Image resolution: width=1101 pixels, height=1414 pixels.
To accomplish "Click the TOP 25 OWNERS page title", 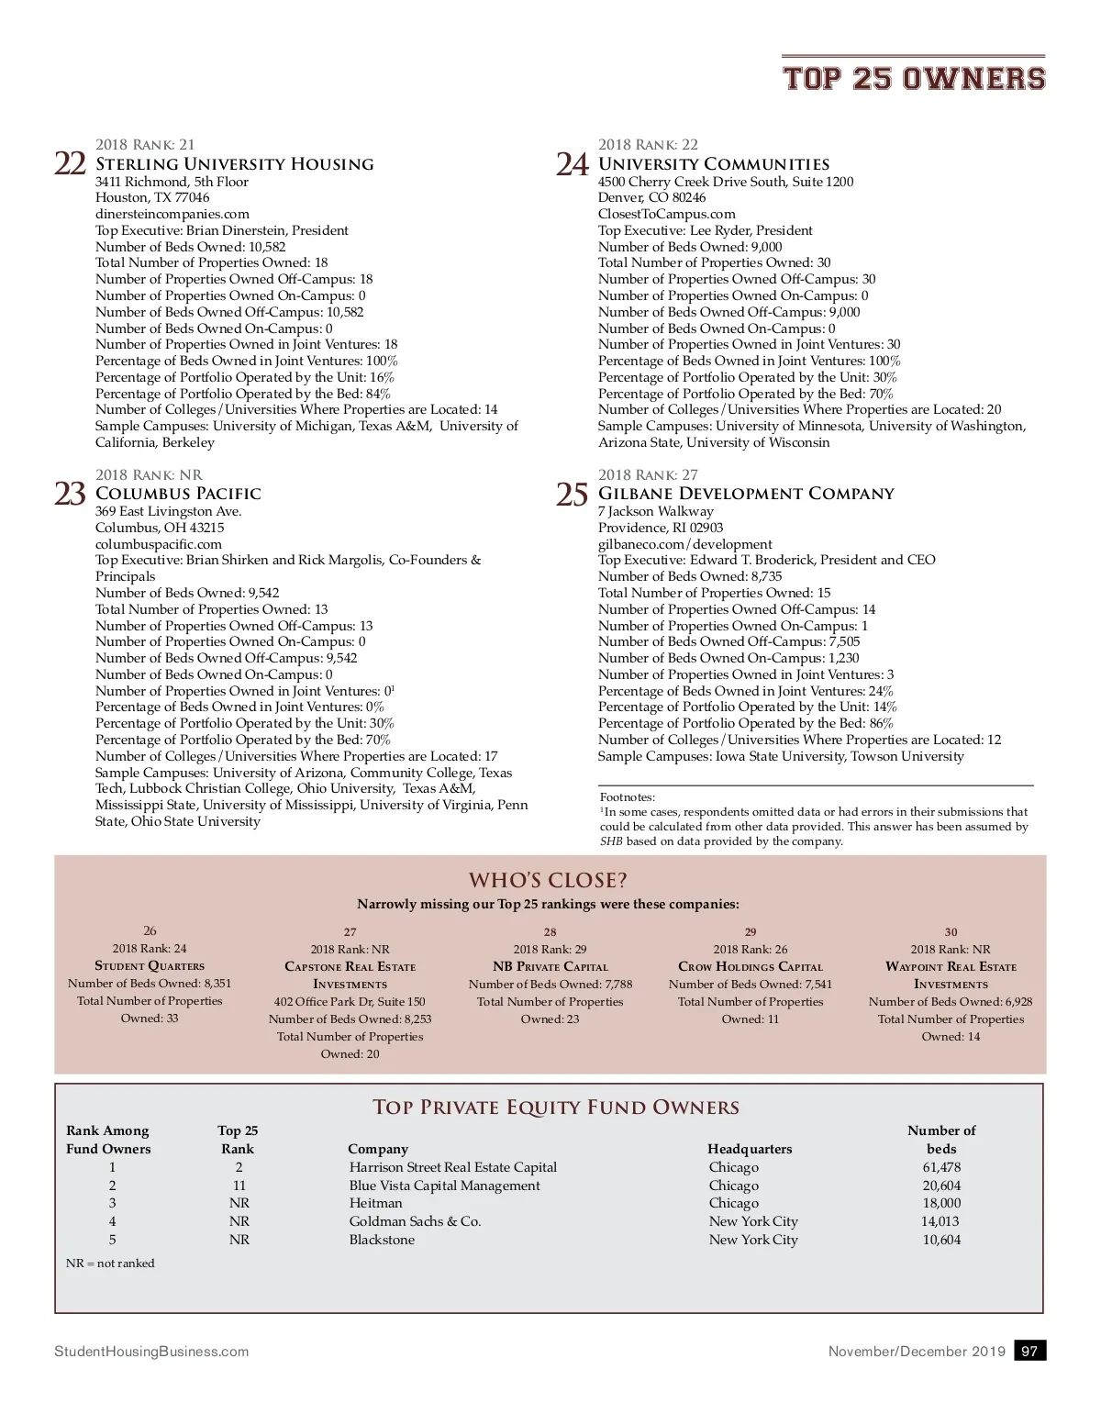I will tap(914, 78).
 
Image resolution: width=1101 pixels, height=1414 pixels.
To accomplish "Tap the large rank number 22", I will tap(71, 163).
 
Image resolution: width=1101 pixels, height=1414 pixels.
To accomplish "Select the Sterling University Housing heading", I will tap(234, 163).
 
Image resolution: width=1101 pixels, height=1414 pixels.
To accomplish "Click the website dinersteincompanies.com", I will tap(172, 214).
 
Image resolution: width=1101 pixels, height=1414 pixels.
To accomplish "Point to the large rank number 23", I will tap(71, 494).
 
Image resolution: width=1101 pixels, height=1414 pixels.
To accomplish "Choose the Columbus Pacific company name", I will tap(178, 493).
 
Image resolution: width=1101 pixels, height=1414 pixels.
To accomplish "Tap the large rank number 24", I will tap(573, 164).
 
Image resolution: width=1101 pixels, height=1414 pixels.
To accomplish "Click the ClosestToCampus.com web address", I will tap(667, 214).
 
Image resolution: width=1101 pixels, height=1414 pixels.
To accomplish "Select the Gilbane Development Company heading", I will tap(746, 493).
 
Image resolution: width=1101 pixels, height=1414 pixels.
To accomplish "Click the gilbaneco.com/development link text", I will tap(685, 544).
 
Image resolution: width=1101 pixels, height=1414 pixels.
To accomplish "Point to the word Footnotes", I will tap(627, 797).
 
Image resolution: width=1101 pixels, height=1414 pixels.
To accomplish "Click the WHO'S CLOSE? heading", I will tap(549, 880).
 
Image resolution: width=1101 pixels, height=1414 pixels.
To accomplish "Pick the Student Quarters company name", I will tap(150, 965).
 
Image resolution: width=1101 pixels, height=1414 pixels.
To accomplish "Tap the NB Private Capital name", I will tap(550, 966).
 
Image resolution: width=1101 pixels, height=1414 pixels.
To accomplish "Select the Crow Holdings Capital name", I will tap(751, 966).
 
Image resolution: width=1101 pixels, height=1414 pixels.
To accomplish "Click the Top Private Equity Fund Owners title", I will tap(556, 1107).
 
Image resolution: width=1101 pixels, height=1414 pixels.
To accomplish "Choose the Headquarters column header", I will tap(750, 1149).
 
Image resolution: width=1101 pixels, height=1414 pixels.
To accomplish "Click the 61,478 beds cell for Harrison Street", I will tap(941, 1167).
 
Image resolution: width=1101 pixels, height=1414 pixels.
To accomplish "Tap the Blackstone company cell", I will tap(382, 1240).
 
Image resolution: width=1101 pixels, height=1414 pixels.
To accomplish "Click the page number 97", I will tap(1029, 1351).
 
